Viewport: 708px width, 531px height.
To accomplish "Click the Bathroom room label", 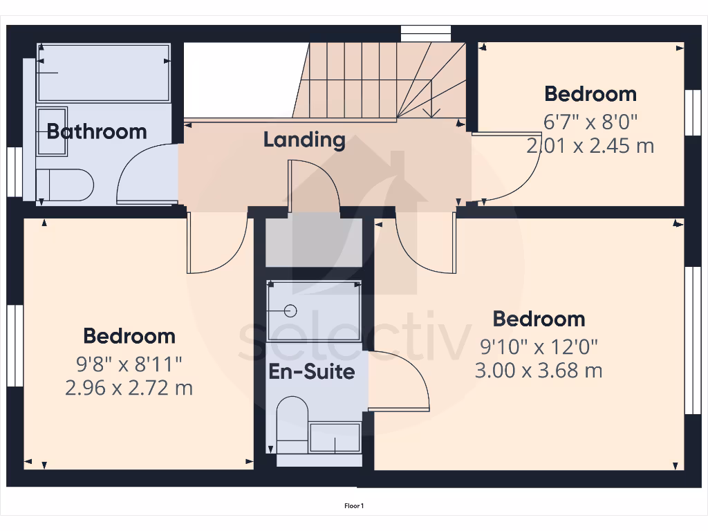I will point(97,131).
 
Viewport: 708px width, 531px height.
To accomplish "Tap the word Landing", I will point(304,140).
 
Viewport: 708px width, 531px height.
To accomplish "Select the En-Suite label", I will point(312,372).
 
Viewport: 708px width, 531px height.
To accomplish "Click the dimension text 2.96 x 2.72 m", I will point(129,388).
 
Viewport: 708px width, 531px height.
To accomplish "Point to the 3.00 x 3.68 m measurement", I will point(539,371).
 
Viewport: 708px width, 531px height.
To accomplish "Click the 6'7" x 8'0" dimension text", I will point(590,122).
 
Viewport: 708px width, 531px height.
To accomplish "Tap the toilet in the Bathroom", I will point(65,185).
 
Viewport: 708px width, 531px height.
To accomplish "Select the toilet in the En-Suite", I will point(292,422).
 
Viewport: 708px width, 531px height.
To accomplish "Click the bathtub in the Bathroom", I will point(104,73).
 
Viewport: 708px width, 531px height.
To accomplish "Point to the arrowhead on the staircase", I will point(432,111).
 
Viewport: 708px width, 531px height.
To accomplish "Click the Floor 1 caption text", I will point(354,506).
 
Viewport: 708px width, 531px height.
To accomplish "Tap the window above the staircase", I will point(426,31).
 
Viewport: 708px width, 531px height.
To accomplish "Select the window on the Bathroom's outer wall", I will point(13,171).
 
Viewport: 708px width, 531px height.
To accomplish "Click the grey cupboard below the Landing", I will point(315,240).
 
